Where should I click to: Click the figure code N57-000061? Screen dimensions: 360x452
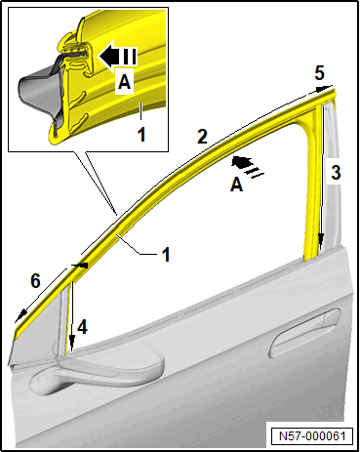(x=312, y=435)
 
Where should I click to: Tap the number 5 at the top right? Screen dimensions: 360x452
(x=319, y=73)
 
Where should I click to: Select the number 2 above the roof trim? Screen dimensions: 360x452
(x=202, y=137)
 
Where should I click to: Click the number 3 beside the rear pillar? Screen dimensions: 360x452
(x=336, y=172)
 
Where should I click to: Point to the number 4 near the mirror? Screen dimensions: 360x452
(x=82, y=327)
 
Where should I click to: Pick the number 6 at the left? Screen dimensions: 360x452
(x=35, y=280)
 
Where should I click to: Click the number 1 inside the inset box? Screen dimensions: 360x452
(x=141, y=135)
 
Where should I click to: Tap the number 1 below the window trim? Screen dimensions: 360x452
(x=166, y=254)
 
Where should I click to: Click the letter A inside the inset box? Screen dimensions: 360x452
(x=124, y=82)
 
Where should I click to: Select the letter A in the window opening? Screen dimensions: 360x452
(x=236, y=185)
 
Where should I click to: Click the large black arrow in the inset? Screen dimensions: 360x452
(x=117, y=56)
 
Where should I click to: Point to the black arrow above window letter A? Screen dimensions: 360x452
(x=247, y=166)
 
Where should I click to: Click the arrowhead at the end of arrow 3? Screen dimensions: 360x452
(x=321, y=240)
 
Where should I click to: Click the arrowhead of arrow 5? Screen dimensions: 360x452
(x=326, y=88)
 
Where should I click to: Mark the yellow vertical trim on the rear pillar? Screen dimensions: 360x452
(x=311, y=183)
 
